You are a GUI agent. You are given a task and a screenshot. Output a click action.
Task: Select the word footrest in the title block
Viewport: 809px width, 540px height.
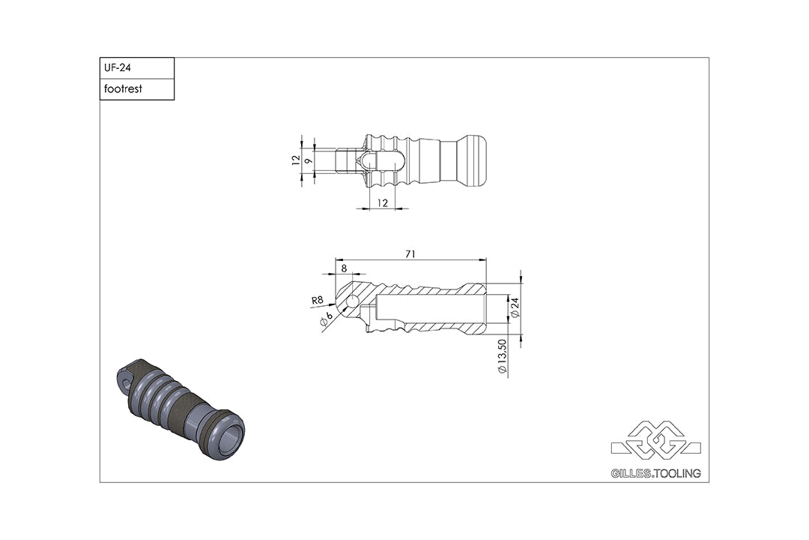coord(123,89)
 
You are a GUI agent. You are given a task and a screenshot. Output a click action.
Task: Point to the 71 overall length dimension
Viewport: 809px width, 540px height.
coord(410,254)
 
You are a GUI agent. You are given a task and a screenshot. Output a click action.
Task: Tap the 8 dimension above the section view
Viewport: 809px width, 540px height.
coord(343,268)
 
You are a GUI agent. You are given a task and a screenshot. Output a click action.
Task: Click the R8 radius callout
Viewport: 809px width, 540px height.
coord(317,301)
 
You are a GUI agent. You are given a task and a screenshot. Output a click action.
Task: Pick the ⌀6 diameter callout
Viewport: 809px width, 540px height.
coord(327,320)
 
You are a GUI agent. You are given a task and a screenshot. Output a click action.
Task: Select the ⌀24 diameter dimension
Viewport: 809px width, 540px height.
coord(514,307)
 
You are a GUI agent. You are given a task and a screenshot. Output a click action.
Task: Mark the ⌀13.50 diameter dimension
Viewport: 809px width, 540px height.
coord(503,356)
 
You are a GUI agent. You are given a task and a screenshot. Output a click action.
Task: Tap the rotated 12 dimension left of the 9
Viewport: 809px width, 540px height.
coord(296,160)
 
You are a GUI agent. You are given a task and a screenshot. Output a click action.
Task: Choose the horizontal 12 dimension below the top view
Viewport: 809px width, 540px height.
coord(382,202)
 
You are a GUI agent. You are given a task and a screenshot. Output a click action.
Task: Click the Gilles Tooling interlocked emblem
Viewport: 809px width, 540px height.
coord(655,443)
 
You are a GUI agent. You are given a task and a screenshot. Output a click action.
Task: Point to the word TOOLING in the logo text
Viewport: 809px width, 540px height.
coord(679,474)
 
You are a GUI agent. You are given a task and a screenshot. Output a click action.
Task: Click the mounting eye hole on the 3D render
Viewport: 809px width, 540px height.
coord(126,382)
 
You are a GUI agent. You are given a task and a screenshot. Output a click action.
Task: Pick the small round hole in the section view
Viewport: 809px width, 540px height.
coord(352,302)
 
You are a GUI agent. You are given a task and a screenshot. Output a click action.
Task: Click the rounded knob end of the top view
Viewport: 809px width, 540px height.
coord(473,161)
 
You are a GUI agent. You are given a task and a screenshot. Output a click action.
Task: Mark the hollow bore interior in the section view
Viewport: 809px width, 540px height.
coord(431,307)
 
